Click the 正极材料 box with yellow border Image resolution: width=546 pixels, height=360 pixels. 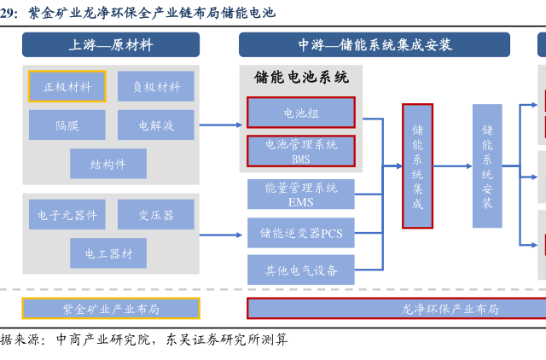67,86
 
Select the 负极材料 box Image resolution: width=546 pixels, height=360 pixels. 155,86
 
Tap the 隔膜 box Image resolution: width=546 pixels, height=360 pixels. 67,125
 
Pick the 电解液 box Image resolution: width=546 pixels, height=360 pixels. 155,125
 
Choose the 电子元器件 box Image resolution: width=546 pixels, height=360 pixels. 67,215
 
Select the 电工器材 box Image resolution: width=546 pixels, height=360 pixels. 108,253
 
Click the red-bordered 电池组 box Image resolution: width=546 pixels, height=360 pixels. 300,112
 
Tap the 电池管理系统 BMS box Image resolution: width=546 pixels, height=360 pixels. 300,151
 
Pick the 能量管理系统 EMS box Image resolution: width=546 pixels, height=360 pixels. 300,195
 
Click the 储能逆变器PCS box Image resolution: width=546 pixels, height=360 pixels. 300,232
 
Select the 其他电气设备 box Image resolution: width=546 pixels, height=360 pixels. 300,270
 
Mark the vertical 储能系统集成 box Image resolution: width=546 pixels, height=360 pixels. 417,166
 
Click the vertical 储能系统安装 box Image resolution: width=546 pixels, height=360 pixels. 487,166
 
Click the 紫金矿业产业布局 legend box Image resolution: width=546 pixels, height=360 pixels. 111,308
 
